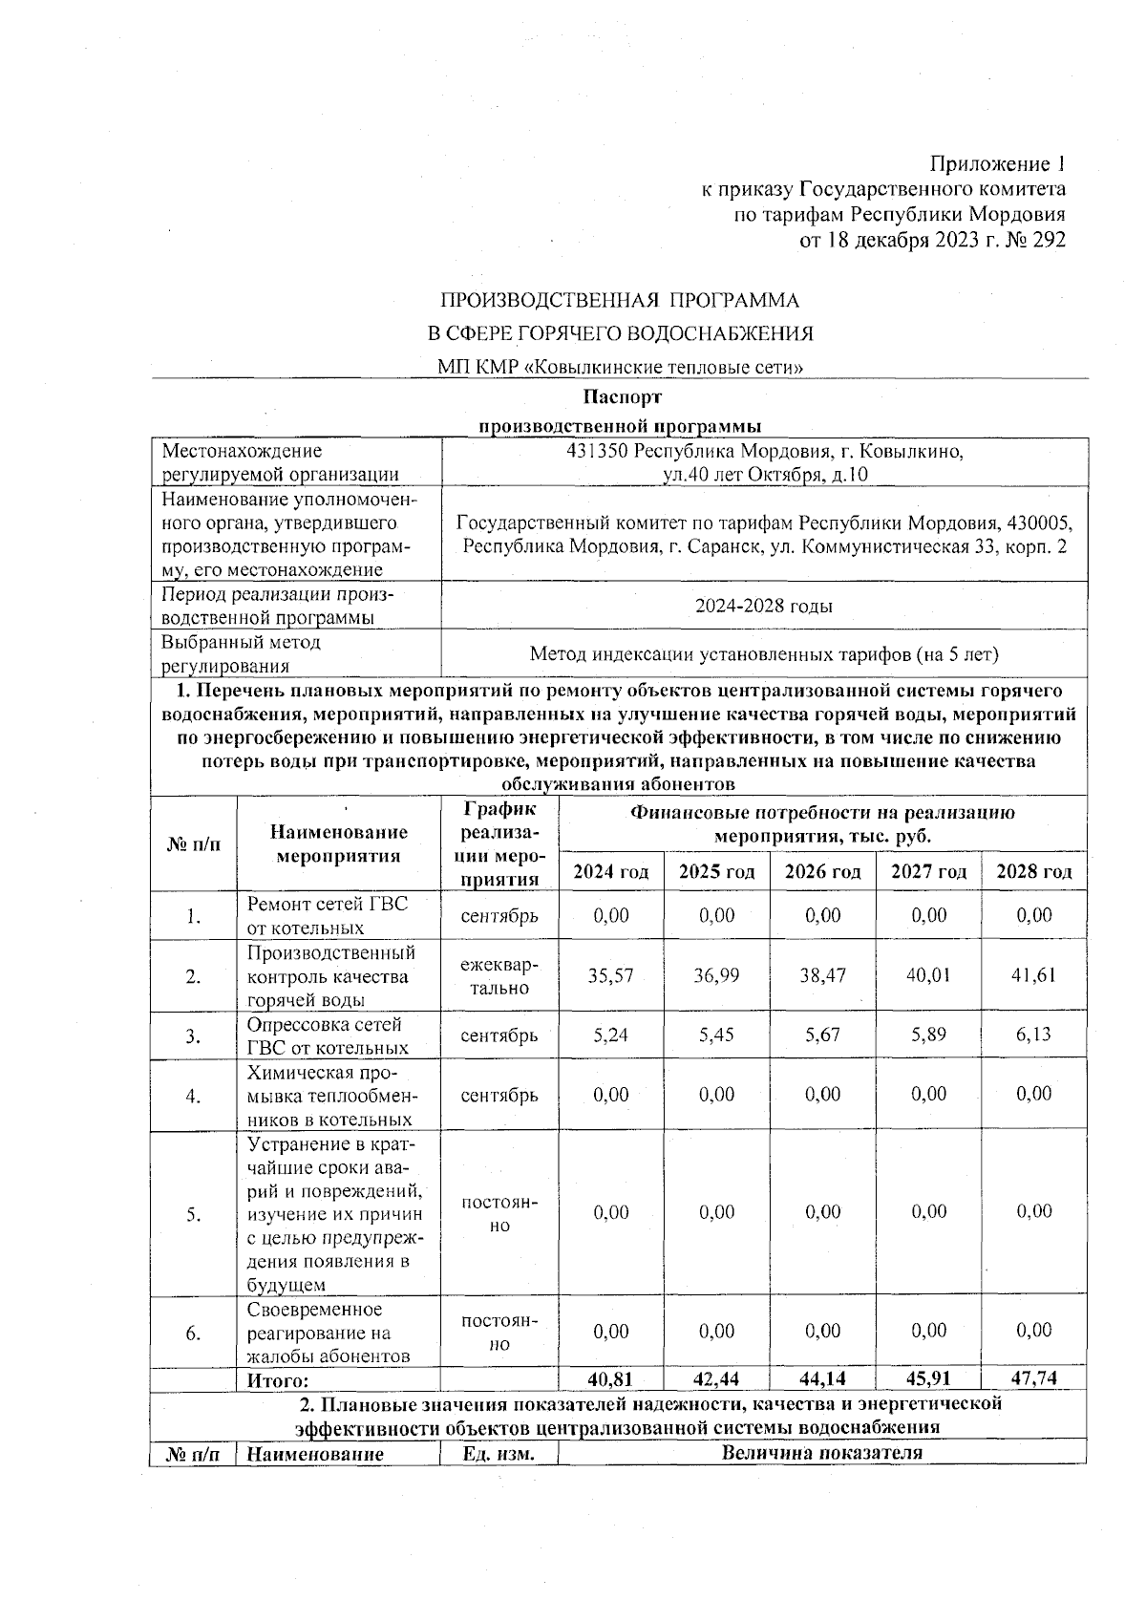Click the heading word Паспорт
click(x=621, y=396)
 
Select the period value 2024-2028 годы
click(x=763, y=606)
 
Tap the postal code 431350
click(x=598, y=451)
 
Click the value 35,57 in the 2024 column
click(x=611, y=975)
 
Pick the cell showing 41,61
click(x=1033, y=975)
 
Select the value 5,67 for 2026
click(x=822, y=1035)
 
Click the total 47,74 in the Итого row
click(x=1033, y=1379)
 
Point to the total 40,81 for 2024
click(x=611, y=1379)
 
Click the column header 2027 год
click(x=928, y=871)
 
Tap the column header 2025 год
click(x=716, y=871)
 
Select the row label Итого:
click(x=278, y=1380)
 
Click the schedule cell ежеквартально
click(x=499, y=976)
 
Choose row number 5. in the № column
click(x=193, y=1214)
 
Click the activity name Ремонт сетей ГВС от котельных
click(x=328, y=915)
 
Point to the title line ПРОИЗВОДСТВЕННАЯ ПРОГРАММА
click(x=619, y=301)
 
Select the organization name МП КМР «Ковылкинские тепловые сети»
click(x=619, y=367)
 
